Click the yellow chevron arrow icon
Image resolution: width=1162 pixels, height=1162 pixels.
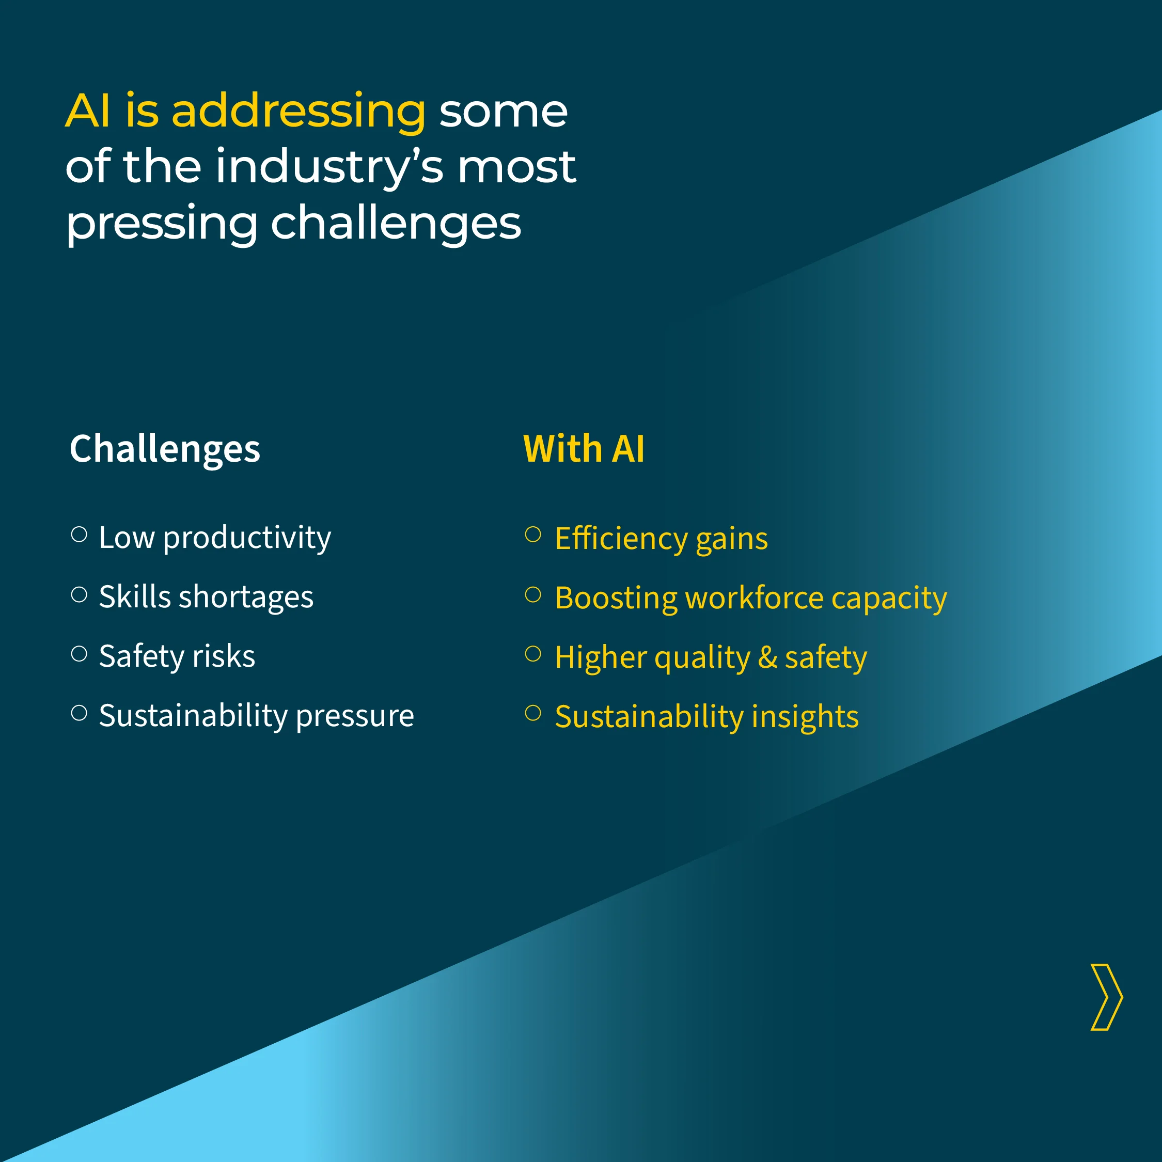tap(1107, 998)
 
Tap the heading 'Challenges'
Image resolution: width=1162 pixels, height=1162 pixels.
tap(165, 449)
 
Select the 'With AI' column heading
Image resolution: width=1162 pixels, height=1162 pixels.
tap(584, 449)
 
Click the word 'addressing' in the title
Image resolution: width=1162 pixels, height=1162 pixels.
tap(299, 112)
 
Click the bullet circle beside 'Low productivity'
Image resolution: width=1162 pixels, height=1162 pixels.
tap(80, 534)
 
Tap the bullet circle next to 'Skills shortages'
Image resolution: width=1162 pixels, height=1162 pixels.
tap(80, 594)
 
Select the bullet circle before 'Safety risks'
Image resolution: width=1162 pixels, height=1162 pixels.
tap(80, 653)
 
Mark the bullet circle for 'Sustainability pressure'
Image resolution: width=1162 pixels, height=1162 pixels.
tap(80, 713)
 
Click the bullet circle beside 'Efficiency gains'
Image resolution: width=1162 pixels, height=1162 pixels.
tap(533, 534)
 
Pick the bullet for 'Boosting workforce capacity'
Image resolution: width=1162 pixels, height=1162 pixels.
tap(533, 594)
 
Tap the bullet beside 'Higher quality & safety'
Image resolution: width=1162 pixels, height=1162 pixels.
tap(533, 653)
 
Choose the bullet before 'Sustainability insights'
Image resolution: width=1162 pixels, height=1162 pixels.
tap(533, 713)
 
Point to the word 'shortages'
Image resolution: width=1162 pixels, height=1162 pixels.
tap(246, 597)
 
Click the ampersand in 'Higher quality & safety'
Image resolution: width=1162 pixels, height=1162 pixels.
tap(767, 657)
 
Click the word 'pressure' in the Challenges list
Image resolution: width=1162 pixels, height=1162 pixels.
tap(355, 716)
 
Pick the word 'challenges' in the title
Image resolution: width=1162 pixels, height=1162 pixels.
tap(396, 224)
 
